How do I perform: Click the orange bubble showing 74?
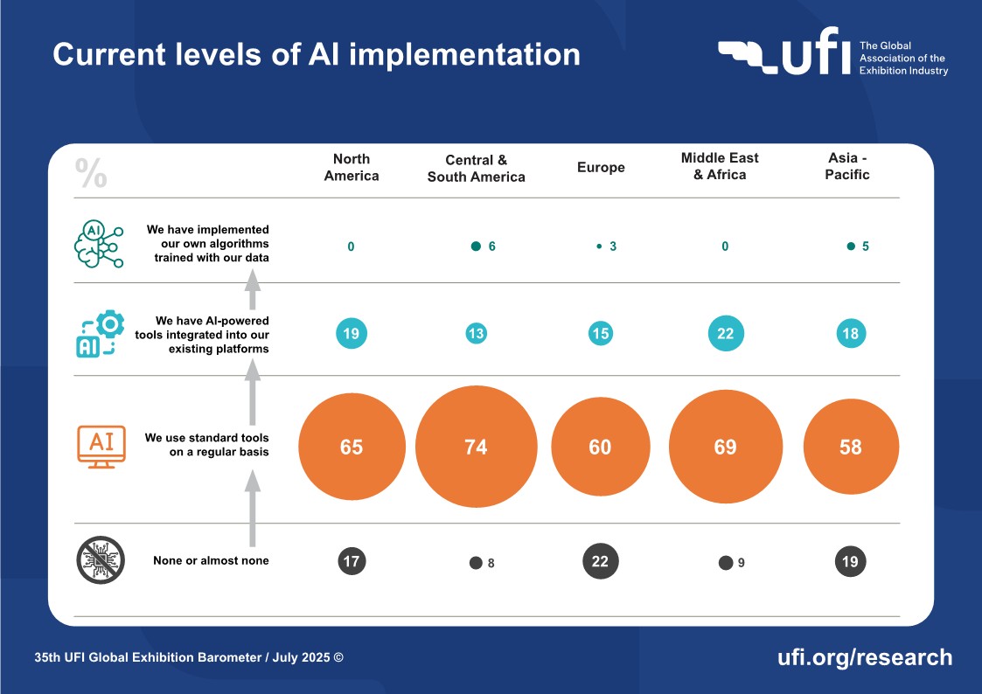point(476,447)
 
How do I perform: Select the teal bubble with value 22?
point(725,333)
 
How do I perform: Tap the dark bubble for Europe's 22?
point(600,561)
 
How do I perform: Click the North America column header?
point(352,167)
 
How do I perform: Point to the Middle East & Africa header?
point(720,166)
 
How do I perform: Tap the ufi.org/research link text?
point(864,657)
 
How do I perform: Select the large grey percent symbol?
point(92,173)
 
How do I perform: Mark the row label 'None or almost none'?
point(211,560)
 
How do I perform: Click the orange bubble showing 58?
point(850,447)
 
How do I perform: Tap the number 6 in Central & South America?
point(491,246)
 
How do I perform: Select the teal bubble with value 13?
point(476,333)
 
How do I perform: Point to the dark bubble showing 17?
point(352,561)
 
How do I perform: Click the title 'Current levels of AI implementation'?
point(317,54)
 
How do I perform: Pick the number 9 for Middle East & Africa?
point(741,563)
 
